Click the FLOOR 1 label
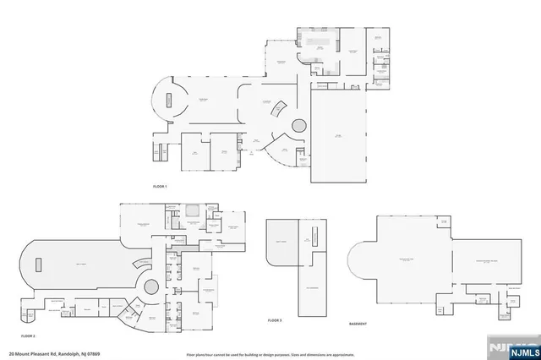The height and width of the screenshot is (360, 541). coord(160,185)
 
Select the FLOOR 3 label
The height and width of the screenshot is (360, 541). coord(274,320)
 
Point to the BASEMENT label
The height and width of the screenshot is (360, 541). coord(358,324)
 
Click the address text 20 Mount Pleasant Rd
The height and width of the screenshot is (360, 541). coord(33,353)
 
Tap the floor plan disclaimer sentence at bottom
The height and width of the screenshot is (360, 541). coord(270,353)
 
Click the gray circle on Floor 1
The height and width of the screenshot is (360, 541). coord(300,126)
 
